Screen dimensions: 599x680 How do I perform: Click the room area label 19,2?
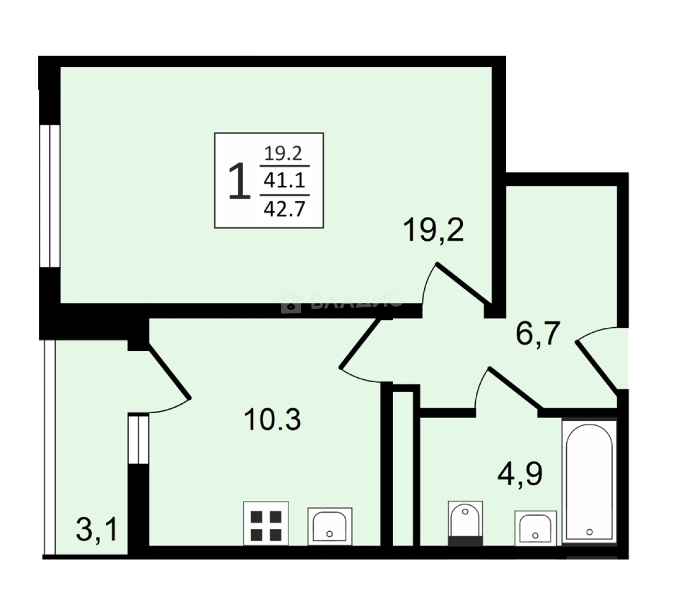[434, 230]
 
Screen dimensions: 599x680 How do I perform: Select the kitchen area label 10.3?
[272, 419]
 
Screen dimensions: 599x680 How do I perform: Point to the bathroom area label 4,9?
[519, 474]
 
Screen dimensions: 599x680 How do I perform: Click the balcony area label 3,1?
[97, 530]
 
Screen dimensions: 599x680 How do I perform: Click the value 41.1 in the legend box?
[285, 181]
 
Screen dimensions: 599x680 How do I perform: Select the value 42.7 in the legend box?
[285, 210]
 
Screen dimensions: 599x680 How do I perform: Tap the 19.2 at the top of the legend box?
[284, 153]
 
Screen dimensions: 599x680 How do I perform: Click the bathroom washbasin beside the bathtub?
[535, 527]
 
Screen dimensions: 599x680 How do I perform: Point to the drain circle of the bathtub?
[590, 531]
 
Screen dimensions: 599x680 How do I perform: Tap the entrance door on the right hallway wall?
[598, 366]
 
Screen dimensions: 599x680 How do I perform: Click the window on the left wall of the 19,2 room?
[49, 195]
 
